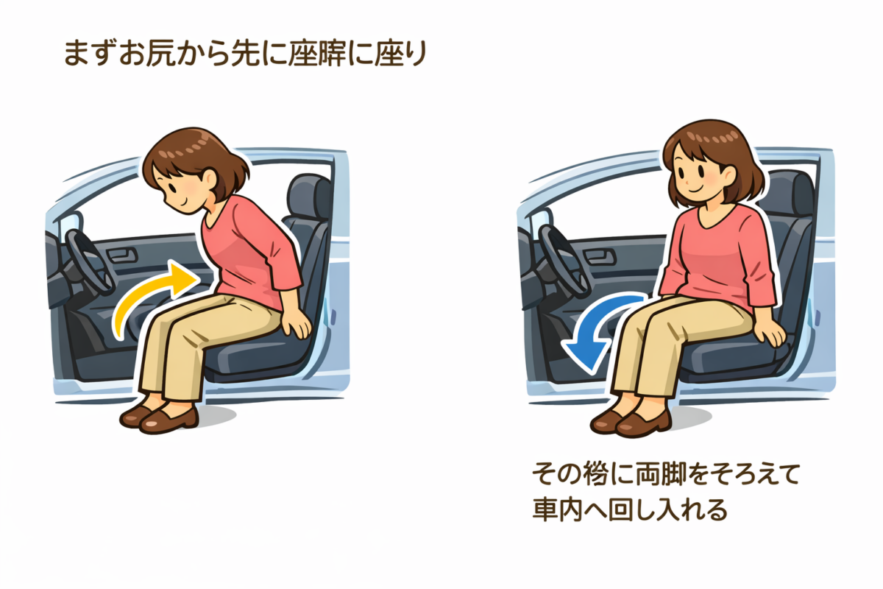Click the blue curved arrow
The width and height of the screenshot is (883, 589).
point(596,324)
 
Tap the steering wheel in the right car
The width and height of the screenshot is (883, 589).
point(559,254)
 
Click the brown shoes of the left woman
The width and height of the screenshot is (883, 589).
point(158,417)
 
